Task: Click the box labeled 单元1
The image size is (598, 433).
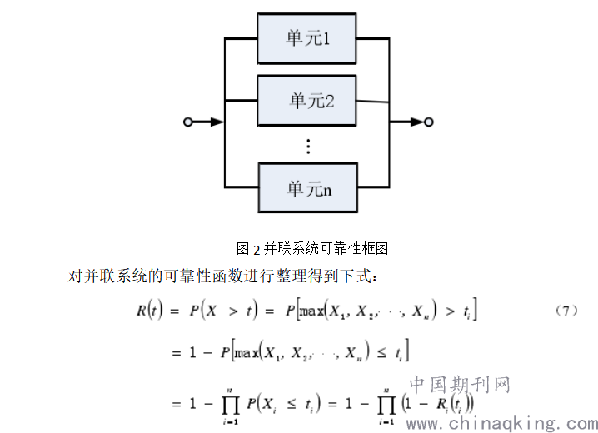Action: (x=307, y=37)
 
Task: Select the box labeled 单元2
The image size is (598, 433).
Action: (x=307, y=100)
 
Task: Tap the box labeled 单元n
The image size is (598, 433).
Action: (x=307, y=188)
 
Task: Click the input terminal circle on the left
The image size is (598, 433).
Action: (x=188, y=122)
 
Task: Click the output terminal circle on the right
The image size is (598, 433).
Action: (x=428, y=122)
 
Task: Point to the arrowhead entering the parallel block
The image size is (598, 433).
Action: (x=217, y=122)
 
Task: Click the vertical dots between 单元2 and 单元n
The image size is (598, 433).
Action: (x=307, y=146)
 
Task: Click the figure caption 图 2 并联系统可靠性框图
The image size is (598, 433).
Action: (x=312, y=248)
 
